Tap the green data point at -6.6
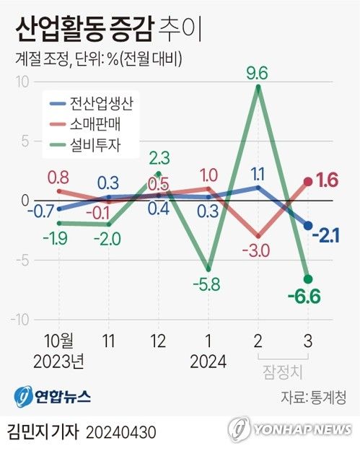point(308,279)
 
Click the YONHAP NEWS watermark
point(290,429)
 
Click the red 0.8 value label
point(59,175)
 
